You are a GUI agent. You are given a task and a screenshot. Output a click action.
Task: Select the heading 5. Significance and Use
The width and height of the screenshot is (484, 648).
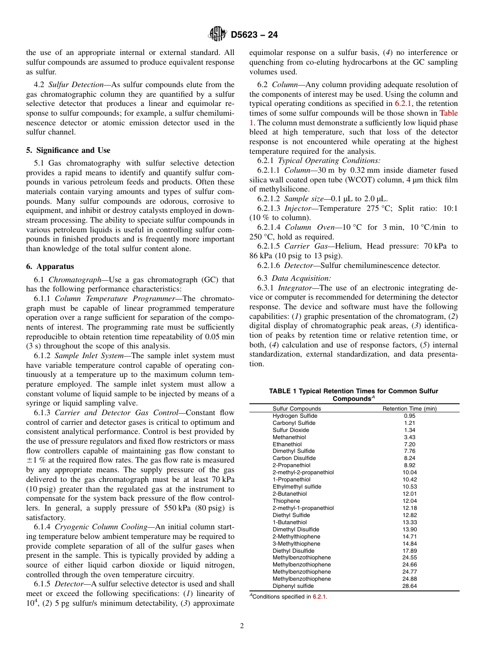[68, 150]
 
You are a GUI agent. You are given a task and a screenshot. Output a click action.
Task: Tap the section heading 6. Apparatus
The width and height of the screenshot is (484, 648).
[50, 266]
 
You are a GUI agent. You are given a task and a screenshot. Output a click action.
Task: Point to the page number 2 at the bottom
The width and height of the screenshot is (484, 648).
[242, 626]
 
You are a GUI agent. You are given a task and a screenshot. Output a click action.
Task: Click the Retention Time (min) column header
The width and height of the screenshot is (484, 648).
[409, 409]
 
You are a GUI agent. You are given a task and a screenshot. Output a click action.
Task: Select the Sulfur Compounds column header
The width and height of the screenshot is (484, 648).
[297, 409]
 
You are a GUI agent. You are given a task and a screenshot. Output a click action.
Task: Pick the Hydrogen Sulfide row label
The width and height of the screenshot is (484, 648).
[294, 416]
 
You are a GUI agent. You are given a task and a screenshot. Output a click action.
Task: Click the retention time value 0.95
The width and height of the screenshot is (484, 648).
[409, 416]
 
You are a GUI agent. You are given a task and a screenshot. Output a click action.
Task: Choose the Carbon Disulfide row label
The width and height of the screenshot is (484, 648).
[294, 458]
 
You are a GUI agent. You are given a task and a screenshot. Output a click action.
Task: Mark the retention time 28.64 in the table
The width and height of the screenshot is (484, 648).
[409, 586]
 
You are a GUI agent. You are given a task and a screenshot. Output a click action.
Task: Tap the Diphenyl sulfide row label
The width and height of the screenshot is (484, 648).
[293, 586]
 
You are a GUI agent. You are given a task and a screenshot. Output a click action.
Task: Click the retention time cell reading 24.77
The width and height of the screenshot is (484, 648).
[409, 572]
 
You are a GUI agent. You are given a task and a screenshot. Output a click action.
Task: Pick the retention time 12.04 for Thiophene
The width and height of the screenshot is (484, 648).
[409, 501]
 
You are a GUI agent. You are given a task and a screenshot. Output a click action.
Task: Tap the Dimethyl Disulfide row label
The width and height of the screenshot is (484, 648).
[296, 529]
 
